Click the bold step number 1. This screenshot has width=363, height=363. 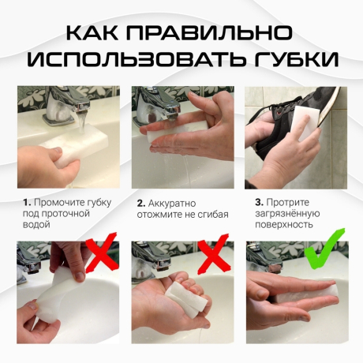point(25,203)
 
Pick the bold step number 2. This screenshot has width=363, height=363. point(140,203)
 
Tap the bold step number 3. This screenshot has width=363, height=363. point(257,203)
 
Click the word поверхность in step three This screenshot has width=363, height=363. point(283,225)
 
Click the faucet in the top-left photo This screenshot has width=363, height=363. point(63,103)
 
